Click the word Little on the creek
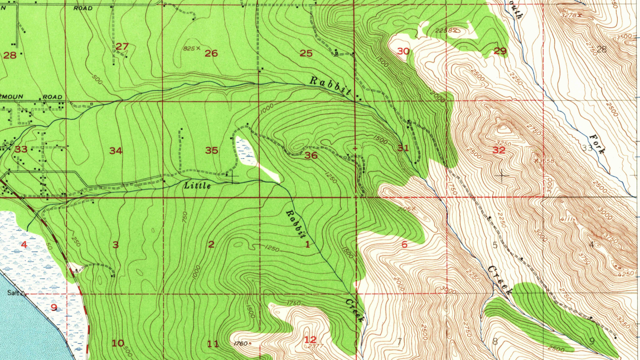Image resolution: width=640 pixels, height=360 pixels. click(197, 186)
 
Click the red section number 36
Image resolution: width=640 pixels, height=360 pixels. click(311, 155)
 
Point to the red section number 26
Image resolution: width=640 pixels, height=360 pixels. click(211, 53)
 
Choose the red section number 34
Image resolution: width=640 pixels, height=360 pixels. click(115, 150)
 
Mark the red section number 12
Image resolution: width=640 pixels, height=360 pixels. click(310, 339)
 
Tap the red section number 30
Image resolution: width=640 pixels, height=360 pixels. click(403, 51)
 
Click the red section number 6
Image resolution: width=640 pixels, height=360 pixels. click(404, 245)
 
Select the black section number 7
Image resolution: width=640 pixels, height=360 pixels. click(399, 341)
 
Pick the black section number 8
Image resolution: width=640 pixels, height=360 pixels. click(495, 342)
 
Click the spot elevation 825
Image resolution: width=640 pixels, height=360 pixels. click(190, 48)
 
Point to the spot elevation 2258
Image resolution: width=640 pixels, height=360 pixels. click(444, 30)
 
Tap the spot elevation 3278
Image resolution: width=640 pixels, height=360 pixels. click(569, 15)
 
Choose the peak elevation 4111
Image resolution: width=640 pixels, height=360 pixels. click(568, 219)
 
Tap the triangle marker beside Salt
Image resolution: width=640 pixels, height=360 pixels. click(23, 293)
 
